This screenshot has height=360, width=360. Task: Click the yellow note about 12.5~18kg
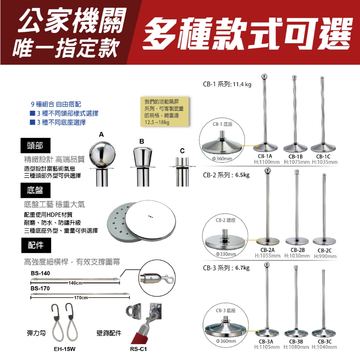pos(164,111)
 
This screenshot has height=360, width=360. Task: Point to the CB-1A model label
pos(265,156)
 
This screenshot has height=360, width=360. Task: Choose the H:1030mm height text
pos(297,256)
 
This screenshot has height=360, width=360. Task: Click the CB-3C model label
pos(325,341)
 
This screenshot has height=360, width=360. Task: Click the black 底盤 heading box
pos(36,191)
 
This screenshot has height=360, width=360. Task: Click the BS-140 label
pos(40,273)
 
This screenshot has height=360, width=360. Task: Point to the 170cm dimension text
pos(81,298)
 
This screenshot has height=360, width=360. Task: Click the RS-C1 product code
pos(138,349)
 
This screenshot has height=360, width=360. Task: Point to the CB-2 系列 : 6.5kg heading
pos(226,175)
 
